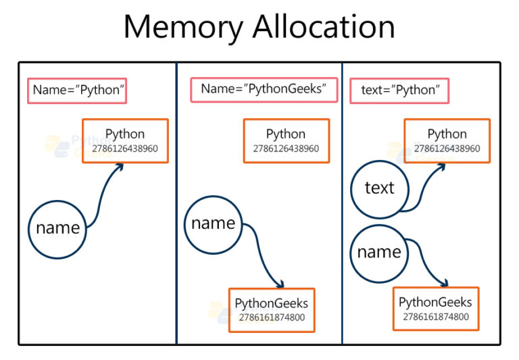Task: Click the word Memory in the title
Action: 182,28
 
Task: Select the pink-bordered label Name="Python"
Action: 77,91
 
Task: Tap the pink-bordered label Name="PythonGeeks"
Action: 264,89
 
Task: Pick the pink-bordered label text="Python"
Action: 399,91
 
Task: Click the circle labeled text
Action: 379,188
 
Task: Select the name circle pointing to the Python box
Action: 57,228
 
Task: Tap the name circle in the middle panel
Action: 213,224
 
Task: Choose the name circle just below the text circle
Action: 378,252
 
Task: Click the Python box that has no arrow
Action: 286,140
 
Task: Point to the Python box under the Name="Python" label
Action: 125,140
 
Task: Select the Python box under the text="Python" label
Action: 447,140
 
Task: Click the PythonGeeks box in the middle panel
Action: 271,310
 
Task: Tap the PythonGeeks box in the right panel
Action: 435,309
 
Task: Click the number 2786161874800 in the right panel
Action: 435,316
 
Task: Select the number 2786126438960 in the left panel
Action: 125,148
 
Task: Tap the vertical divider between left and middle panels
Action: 176,203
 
